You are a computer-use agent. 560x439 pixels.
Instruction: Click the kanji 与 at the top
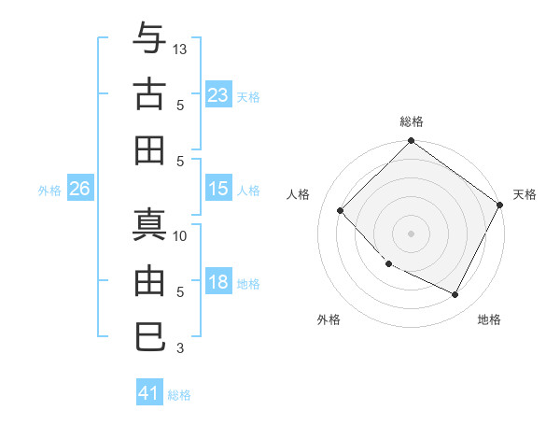(x=149, y=41)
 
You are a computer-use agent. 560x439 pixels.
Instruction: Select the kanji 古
(x=149, y=94)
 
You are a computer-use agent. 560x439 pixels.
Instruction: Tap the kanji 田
(x=149, y=149)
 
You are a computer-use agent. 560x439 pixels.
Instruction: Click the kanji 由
(x=149, y=281)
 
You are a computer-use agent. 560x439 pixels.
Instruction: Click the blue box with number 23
(x=218, y=94)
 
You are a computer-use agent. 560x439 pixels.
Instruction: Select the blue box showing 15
(x=218, y=189)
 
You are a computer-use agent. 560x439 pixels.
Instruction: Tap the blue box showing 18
(x=218, y=282)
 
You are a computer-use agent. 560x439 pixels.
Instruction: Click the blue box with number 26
(x=79, y=189)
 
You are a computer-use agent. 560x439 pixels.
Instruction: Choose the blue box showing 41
(x=149, y=393)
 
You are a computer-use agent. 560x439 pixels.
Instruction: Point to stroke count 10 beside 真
(x=181, y=235)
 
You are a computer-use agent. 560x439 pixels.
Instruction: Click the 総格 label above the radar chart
(x=411, y=121)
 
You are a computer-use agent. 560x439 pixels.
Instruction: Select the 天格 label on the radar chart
(x=525, y=194)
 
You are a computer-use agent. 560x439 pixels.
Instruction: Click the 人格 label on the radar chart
(x=299, y=194)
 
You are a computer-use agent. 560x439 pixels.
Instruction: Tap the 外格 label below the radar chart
(x=329, y=319)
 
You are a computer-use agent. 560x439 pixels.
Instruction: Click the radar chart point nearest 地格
(x=455, y=295)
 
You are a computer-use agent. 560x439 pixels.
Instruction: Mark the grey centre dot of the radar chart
(x=411, y=234)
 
